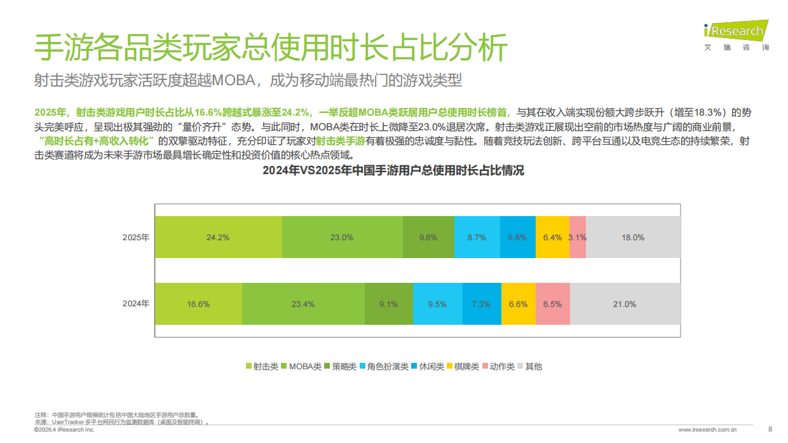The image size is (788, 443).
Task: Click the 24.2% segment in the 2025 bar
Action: (x=218, y=237)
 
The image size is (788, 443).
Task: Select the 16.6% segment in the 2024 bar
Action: (x=198, y=304)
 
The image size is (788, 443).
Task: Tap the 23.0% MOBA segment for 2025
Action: (x=342, y=237)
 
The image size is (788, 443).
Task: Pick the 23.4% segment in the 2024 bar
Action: (x=303, y=304)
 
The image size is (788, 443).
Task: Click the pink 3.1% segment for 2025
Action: (x=577, y=237)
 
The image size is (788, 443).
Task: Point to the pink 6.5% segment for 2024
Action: (x=553, y=304)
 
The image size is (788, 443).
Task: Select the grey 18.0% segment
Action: (x=633, y=237)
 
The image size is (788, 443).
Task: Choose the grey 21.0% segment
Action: (x=625, y=304)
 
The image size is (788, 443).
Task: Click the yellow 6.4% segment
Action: (x=552, y=237)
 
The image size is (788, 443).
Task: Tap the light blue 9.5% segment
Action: (x=437, y=304)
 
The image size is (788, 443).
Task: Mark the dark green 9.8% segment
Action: (x=428, y=237)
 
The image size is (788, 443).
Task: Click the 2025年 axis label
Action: (x=136, y=237)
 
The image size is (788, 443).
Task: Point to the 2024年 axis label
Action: (x=136, y=304)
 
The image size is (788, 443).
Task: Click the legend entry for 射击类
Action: (x=262, y=366)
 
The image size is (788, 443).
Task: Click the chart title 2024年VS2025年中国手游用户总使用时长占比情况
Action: (x=394, y=171)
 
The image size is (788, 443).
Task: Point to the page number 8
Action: (x=770, y=428)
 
